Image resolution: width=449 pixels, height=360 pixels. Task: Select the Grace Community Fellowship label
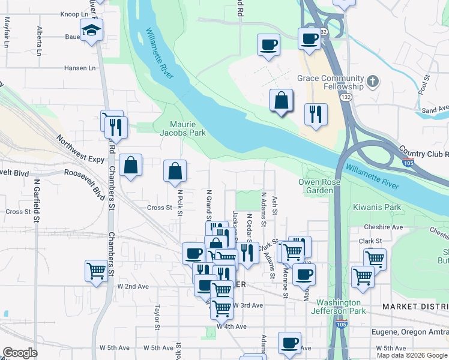[331, 83]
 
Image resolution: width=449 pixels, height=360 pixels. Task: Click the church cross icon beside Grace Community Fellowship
[372, 81]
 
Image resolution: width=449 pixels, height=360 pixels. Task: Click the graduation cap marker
[92, 30]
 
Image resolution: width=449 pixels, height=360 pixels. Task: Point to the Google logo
[20, 353]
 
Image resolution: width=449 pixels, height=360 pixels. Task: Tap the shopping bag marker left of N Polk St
[130, 166]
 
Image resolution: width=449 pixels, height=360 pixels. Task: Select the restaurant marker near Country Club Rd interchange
[316, 114]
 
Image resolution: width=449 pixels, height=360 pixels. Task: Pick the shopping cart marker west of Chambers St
[96, 271]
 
